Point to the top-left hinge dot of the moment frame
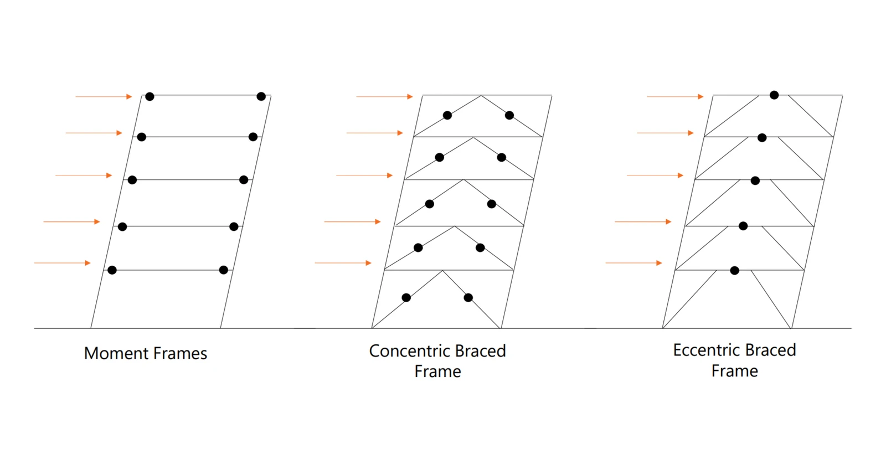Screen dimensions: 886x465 point(150,96)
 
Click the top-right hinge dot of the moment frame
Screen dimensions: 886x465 point(261,96)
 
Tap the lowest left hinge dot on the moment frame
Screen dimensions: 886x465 point(112,270)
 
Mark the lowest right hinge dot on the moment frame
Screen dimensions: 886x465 point(224,270)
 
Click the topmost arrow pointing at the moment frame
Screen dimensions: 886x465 point(104,96)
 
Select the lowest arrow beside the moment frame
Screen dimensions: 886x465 point(63,263)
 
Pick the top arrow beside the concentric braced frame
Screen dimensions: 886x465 point(384,96)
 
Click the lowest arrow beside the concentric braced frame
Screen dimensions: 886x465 point(343,263)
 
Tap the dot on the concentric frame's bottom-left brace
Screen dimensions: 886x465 point(406,298)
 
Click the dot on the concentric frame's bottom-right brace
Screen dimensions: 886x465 point(468,298)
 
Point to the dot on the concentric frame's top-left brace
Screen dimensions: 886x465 point(447,116)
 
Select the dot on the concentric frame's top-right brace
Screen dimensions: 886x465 point(509,116)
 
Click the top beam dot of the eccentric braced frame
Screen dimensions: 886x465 point(775,95)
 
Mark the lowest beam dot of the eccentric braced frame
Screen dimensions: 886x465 point(734,271)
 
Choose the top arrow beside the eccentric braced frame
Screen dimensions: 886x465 point(675,96)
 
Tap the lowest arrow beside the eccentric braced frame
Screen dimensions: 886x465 point(634,263)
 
